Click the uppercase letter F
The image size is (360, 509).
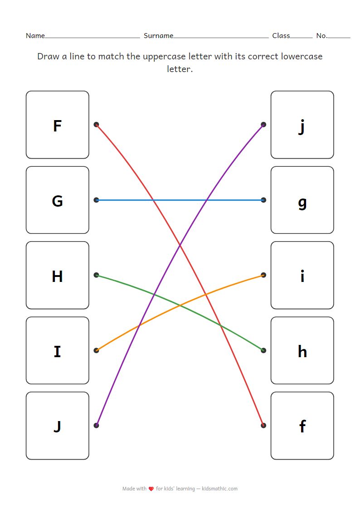point(57,126)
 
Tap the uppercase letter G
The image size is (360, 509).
point(57,200)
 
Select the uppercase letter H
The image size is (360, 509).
point(57,276)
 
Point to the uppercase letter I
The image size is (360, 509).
point(57,351)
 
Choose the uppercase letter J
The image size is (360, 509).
point(57,426)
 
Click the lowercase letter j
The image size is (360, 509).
point(302,126)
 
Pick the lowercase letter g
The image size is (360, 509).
point(302,202)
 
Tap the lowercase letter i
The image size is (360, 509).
point(302,276)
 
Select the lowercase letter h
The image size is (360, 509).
point(302,351)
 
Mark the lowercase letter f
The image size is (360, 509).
point(302,426)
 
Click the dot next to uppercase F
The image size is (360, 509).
point(96,125)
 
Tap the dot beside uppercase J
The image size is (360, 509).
point(96,425)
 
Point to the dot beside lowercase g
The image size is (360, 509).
point(263,200)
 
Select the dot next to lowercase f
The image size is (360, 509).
point(263,425)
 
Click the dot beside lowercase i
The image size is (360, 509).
point(263,275)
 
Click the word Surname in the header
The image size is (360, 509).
point(158,36)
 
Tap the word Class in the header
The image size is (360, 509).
point(281,36)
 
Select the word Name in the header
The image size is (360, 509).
point(35,36)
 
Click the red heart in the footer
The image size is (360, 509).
point(151,489)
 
